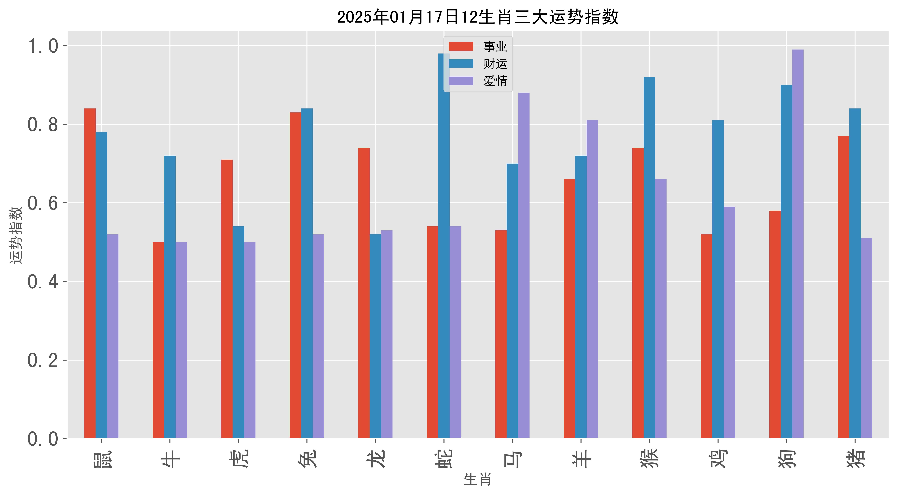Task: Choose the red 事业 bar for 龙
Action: click(x=364, y=293)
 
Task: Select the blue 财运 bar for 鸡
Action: click(x=718, y=279)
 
